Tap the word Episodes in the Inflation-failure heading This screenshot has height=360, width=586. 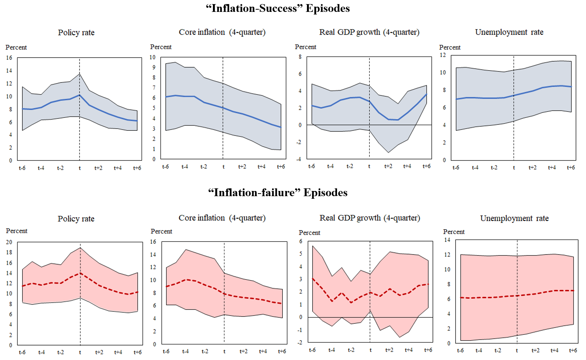pos(325,192)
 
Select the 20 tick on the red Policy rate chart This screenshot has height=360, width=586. pos(9,242)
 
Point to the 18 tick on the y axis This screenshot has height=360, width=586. pos(9,252)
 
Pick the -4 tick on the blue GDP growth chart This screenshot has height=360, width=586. pos(299,159)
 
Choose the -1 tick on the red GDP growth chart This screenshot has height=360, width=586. pos(300,330)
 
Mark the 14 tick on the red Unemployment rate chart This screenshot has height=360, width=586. pos(447,240)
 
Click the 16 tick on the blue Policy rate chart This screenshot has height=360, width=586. pos(9,58)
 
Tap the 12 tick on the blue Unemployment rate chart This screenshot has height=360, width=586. pos(443,55)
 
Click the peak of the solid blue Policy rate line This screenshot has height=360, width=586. pos(80,95)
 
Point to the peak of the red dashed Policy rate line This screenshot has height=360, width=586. pos(80,273)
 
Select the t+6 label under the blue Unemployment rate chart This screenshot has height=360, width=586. pos(571,168)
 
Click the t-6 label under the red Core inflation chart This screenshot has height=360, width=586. pos(166,351)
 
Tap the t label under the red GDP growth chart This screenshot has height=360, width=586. pos(370,350)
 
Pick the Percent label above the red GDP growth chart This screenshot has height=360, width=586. pos(309,233)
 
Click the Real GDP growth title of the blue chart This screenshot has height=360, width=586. pos(369,32)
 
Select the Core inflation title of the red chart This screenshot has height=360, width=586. pos(222,218)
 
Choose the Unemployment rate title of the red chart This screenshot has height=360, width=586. pos(514,218)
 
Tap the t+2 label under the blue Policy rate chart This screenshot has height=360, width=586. pos(98,168)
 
